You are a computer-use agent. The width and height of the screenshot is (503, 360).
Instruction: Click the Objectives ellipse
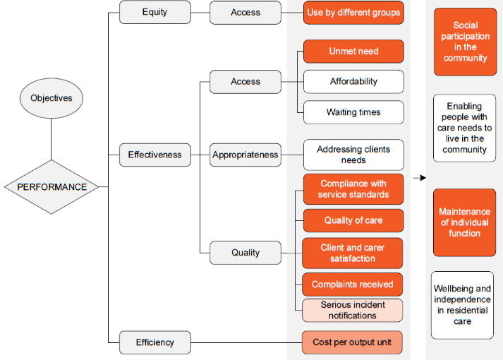tap(51, 98)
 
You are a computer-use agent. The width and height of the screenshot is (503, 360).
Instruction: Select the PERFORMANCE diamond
tap(52, 187)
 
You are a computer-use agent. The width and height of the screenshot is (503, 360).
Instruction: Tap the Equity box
tap(155, 12)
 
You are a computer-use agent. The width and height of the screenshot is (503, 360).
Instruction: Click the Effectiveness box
tap(155, 155)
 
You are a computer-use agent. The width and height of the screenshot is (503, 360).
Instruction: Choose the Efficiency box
tap(155, 342)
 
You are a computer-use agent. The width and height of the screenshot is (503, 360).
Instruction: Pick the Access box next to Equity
tap(246, 12)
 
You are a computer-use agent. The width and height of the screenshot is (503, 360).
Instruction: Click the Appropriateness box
tap(246, 155)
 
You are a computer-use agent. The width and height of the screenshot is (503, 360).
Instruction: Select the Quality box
tap(246, 252)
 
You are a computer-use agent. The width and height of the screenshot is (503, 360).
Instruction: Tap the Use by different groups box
tap(353, 13)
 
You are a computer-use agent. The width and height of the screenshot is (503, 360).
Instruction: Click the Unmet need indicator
tap(353, 52)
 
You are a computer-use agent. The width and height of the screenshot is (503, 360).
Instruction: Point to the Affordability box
tap(353, 82)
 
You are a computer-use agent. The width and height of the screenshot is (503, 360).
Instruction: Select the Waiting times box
tap(353, 112)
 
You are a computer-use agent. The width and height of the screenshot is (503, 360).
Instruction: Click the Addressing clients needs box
tap(353, 155)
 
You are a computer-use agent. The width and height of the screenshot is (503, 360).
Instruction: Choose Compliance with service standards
tap(353, 189)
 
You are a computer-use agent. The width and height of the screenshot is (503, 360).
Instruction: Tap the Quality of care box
tap(353, 220)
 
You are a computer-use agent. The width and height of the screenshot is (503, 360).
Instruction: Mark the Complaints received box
tap(353, 284)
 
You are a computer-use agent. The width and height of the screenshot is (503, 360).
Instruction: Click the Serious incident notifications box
tap(353, 310)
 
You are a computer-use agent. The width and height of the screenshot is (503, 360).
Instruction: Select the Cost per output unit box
tap(353, 342)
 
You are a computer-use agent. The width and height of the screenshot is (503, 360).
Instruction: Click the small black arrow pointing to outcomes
tap(420, 178)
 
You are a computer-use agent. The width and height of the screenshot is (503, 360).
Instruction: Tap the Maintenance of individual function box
tap(464, 222)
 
